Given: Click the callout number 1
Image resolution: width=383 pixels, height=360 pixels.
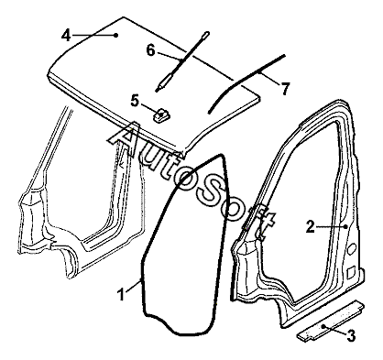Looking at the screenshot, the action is (122, 295).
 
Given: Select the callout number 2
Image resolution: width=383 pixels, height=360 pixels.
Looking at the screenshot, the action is (311, 227).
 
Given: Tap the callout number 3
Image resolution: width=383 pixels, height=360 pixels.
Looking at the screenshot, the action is (351, 336).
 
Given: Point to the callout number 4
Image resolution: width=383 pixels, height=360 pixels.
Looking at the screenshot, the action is (66, 36).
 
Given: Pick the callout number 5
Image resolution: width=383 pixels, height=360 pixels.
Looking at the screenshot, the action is (135, 101).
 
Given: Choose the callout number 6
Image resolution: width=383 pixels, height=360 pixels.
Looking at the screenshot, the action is (150, 50).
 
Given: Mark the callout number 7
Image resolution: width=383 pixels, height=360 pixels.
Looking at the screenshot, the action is (285, 89).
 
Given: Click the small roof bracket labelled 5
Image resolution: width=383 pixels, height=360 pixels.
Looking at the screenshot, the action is (161, 116).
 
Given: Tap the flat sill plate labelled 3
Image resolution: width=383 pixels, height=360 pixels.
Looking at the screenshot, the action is (331, 321).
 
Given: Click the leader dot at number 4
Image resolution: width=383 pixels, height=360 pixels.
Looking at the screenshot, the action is (115, 35).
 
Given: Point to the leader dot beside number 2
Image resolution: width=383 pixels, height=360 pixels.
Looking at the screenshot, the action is (345, 226).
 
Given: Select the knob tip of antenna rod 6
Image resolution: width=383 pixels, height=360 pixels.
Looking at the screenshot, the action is (206, 33).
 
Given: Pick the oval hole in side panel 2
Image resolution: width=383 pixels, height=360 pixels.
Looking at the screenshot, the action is (351, 247).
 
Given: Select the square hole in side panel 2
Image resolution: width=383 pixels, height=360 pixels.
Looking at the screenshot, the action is (351, 271).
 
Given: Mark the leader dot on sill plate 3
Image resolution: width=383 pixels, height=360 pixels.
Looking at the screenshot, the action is (324, 325).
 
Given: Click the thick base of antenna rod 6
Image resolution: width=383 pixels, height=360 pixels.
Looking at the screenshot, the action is (164, 82).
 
